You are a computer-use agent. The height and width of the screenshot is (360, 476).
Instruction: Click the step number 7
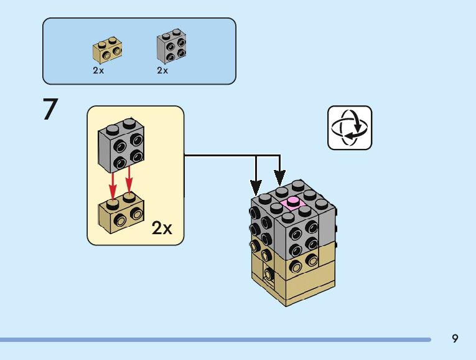pyautogui.click(x=50, y=110)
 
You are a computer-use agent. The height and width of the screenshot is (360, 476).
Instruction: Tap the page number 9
pyautogui.click(x=455, y=338)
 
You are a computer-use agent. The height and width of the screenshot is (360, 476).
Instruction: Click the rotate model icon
pyautogui.click(x=350, y=128)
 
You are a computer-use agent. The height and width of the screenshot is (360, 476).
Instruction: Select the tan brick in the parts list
pyautogui.click(x=106, y=50)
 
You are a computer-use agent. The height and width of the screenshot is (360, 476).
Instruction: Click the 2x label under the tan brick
pyautogui.click(x=98, y=70)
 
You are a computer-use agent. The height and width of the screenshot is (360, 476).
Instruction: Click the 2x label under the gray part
pyautogui.click(x=162, y=70)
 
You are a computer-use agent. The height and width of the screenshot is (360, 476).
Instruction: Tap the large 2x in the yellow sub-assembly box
pyautogui.click(x=162, y=229)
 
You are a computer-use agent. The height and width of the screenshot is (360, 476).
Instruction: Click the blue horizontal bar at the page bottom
pyautogui.click(x=215, y=339)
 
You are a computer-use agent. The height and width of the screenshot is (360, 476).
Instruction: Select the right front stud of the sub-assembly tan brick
pyautogui.click(x=136, y=216)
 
